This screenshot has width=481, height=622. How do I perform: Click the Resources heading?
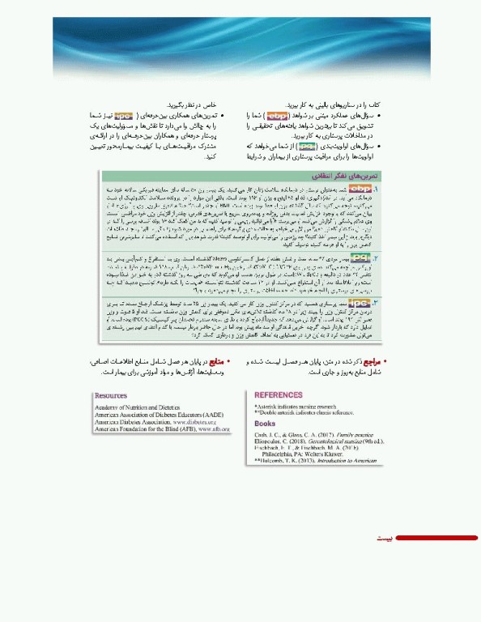(x=111, y=395)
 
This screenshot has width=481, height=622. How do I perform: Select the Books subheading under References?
(x=265, y=423)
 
